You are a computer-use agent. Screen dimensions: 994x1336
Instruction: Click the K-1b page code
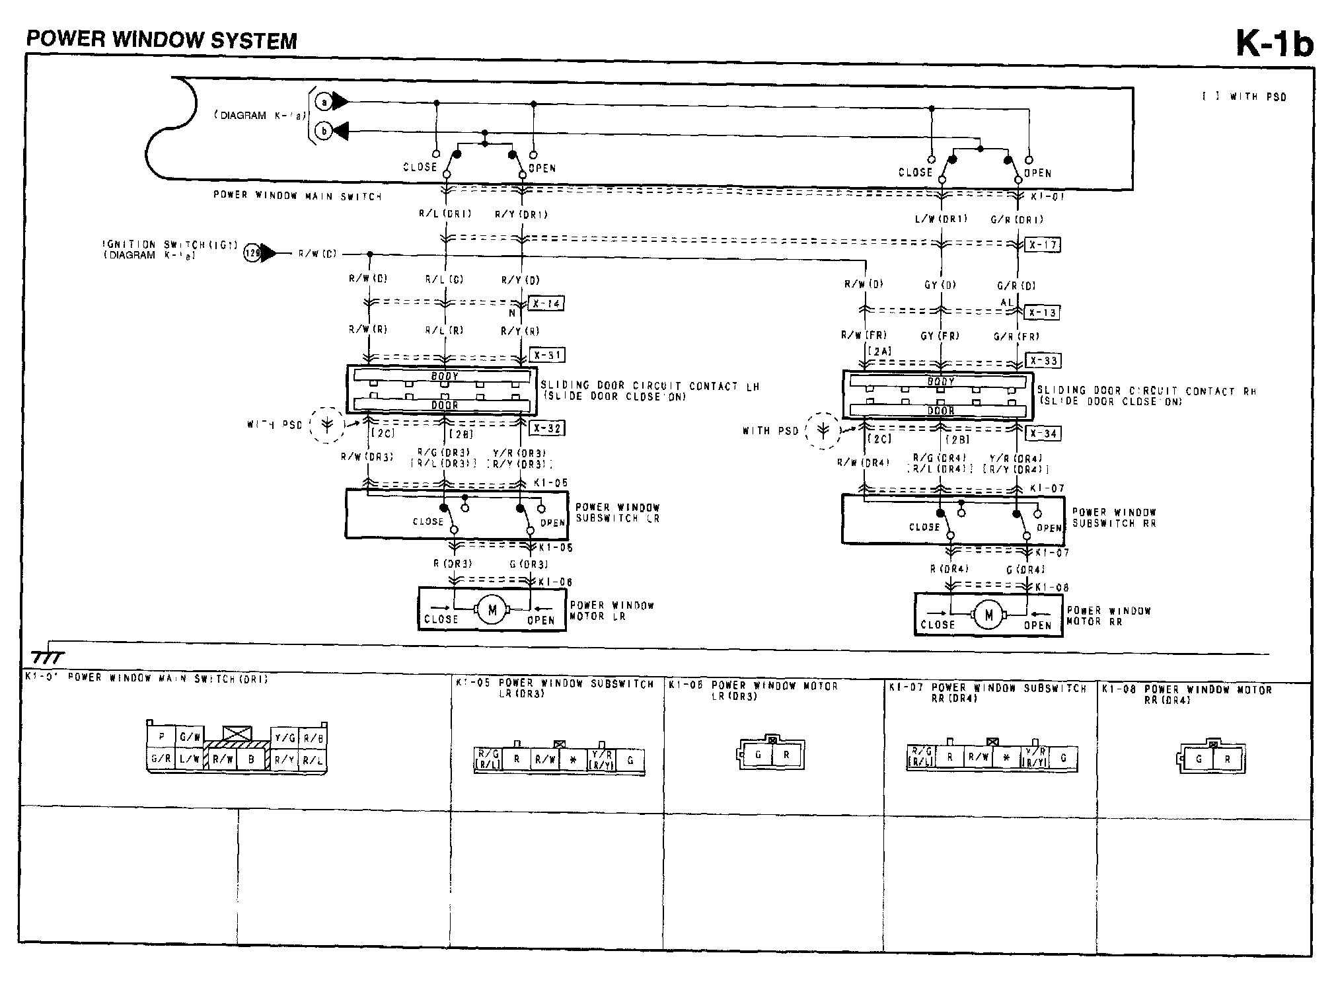point(1274,44)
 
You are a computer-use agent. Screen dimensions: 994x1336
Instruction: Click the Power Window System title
point(162,40)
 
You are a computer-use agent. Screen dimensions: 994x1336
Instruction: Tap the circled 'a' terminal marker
point(323,102)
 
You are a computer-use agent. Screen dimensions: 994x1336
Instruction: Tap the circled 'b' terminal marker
point(324,132)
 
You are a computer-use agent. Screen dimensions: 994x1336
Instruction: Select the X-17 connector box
point(1043,245)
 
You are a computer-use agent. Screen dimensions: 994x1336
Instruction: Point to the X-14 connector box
point(546,304)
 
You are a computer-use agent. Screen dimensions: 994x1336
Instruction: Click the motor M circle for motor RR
point(988,616)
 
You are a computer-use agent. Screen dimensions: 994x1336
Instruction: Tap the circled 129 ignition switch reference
point(252,253)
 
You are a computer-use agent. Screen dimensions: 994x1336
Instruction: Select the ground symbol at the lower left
point(48,657)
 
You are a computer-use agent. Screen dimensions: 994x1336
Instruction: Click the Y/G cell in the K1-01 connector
point(285,738)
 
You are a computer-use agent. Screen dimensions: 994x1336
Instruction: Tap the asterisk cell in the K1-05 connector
point(574,761)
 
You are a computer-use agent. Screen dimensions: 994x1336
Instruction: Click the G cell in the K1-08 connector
point(1199,759)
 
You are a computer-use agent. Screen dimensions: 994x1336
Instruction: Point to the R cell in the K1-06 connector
point(786,754)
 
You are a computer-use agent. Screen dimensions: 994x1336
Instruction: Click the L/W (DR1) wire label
point(941,219)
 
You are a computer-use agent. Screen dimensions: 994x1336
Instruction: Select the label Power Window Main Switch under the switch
point(297,196)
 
